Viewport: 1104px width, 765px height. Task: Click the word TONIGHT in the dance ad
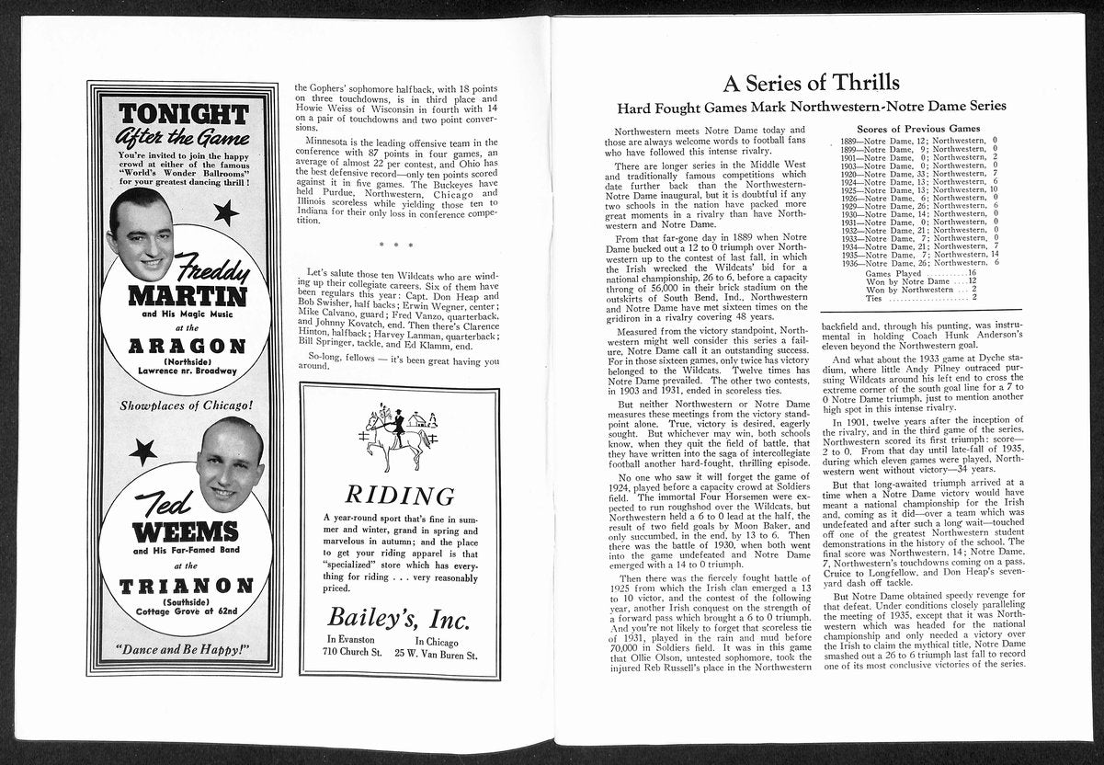coord(183,114)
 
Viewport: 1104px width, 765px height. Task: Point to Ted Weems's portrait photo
coord(230,465)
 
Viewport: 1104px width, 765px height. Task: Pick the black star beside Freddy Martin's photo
coord(226,213)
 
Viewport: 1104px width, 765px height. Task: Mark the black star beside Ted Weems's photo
coord(143,451)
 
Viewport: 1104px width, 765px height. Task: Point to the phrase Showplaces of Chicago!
coord(186,405)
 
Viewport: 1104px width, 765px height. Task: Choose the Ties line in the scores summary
coord(920,297)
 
